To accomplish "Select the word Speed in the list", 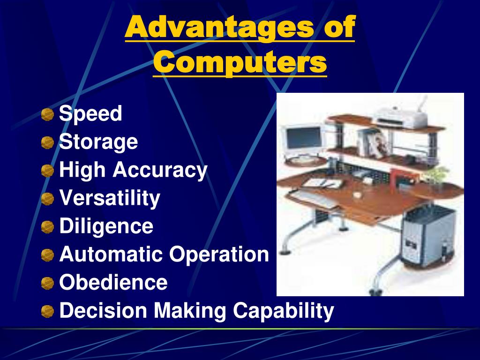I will (90, 113).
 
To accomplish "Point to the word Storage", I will (98, 142).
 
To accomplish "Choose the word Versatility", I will (110, 198).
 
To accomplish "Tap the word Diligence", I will (106, 226).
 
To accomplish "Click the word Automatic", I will (111, 255).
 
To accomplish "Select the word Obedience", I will (113, 283).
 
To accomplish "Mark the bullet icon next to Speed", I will (47, 114).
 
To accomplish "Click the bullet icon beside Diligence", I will (47, 227).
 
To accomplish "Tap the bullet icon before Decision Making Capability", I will (47, 311).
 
